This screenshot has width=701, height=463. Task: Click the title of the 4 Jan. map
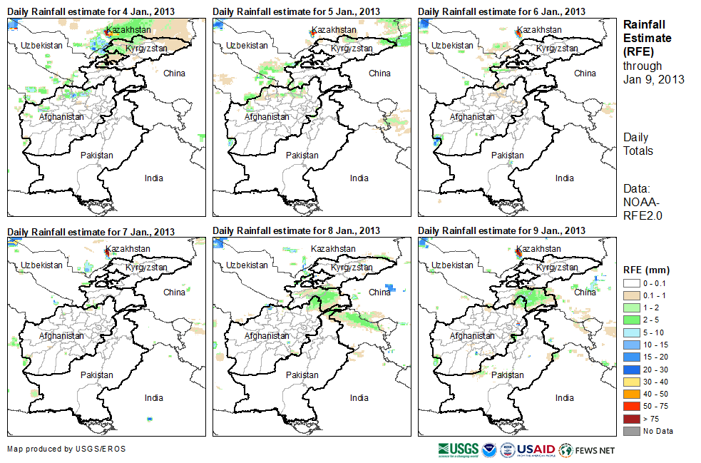[91, 11]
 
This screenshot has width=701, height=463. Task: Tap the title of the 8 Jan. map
[297, 230]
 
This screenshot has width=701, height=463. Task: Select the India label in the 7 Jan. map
[153, 397]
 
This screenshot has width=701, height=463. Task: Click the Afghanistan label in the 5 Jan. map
[267, 117]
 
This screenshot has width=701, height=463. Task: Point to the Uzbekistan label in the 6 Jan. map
[452, 45]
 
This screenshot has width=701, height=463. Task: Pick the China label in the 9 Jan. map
[585, 292]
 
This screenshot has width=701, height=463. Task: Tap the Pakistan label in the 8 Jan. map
[302, 375]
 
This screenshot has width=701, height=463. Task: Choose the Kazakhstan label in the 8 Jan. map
[334, 249]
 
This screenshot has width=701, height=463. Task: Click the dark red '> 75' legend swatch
[632, 419]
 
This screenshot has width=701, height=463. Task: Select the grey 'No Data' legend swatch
[632, 431]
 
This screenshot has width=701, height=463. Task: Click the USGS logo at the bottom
[459, 449]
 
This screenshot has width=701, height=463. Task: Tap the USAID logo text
[536, 449]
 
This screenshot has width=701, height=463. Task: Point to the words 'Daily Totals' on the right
[638, 143]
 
